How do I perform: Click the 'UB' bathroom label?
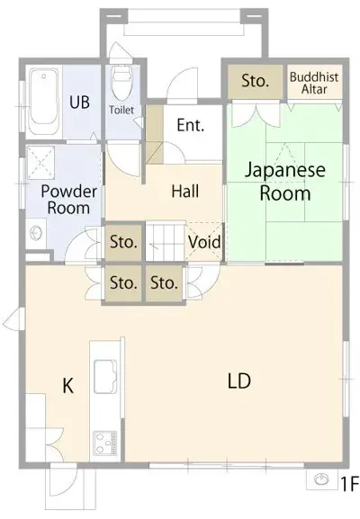pyautogui.click(x=79, y=102)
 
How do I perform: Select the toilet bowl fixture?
pyautogui.click(x=121, y=85)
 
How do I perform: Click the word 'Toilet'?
pyautogui.click(x=122, y=110)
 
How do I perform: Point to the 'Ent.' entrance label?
pyautogui.click(x=190, y=126)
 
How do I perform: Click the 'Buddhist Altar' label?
pyautogui.click(x=314, y=84)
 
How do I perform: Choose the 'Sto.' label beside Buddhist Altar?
pyautogui.click(x=256, y=82)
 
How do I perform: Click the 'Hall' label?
pyautogui.click(x=184, y=192)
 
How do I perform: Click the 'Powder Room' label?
pyautogui.click(x=67, y=199)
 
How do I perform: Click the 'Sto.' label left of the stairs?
pyautogui.click(x=123, y=241)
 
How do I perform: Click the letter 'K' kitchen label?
pyautogui.click(x=67, y=387)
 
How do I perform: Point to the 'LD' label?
pyautogui.click(x=238, y=380)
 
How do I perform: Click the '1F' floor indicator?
pyautogui.click(x=348, y=484)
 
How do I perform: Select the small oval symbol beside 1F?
pyautogui.click(x=322, y=481)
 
